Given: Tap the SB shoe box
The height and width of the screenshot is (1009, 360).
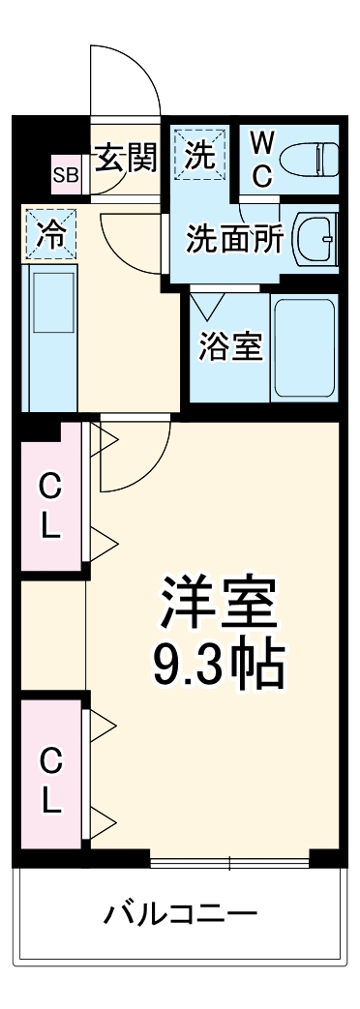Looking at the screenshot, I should [x=66, y=175].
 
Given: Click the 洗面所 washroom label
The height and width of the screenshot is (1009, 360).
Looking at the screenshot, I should [x=234, y=237].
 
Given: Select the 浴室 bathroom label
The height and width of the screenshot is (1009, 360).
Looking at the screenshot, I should [x=231, y=346].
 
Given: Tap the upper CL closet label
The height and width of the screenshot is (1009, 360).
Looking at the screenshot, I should [x=50, y=508].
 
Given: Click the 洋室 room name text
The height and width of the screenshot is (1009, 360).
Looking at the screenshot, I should [x=219, y=605].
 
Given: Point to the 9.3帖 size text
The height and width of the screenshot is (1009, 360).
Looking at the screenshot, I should [x=219, y=665].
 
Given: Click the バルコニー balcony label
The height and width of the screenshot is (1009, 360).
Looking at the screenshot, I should [x=180, y=912].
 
